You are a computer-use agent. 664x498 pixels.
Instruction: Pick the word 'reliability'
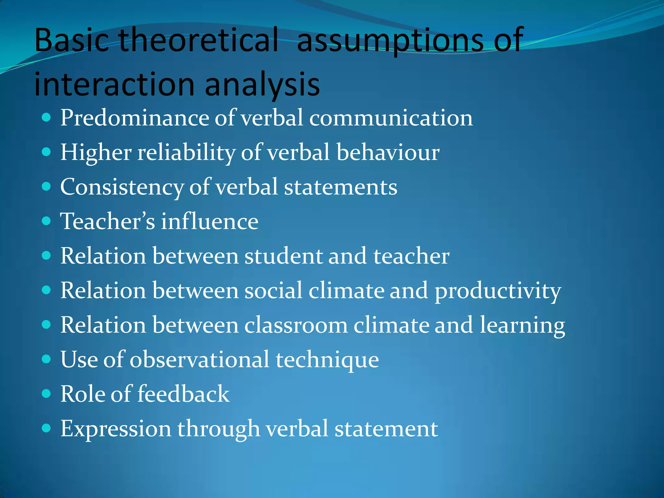click(x=186, y=152)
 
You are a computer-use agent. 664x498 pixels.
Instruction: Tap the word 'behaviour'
click(x=388, y=152)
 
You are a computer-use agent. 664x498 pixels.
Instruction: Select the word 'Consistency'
click(x=122, y=187)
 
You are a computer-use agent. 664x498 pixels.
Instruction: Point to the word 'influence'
click(x=210, y=221)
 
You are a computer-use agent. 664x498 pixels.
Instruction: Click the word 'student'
click(x=283, y=256)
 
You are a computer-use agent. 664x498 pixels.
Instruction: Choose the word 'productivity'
click(x=497, y=291)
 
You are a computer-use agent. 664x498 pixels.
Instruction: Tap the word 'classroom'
click(x=296, y=325)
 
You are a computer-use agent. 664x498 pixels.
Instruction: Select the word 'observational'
click(x=199, y=360)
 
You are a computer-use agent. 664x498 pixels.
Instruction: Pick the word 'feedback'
click(x=184, y=394)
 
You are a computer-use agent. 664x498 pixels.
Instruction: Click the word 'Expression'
click(x=116, y=429)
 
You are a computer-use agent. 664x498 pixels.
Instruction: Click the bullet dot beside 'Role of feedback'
click(x=47, y=394)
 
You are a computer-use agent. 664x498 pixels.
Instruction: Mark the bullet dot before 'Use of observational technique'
click(x=47, y=359)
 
